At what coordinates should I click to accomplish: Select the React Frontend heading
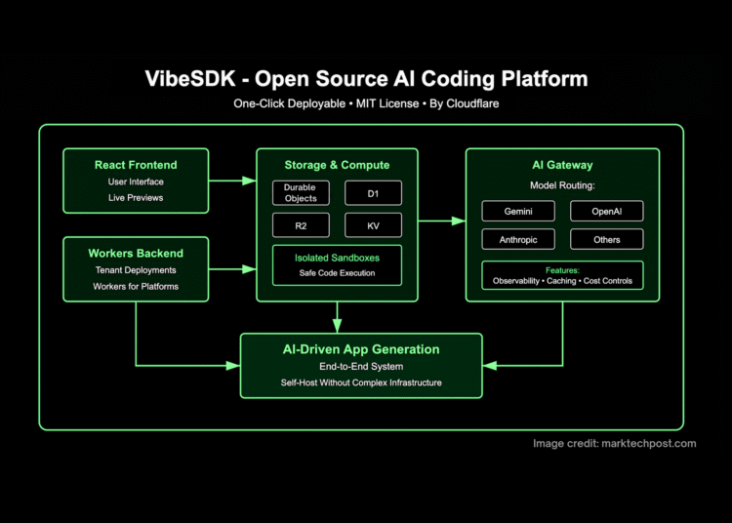coord(136,165)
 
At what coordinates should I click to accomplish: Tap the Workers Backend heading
coord(136,253)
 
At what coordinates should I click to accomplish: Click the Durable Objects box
coord(300,192)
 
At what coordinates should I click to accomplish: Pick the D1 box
coord(372,192)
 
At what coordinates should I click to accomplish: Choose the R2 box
coord(300,225)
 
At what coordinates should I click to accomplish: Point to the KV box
coord(372,225)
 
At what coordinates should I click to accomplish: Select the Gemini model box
coord(518,212)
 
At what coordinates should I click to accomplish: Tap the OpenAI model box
coord(606,212)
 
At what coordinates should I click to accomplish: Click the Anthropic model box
coord(518,239)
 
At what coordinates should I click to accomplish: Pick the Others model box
coord(606,239)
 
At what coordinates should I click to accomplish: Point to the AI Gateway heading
coord(562,165)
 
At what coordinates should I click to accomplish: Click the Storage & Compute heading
coord(337,165)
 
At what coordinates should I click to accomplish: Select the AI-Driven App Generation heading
coord(361,348)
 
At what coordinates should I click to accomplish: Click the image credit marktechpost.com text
coord(615,443)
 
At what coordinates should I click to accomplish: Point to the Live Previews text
coord(136,198)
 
